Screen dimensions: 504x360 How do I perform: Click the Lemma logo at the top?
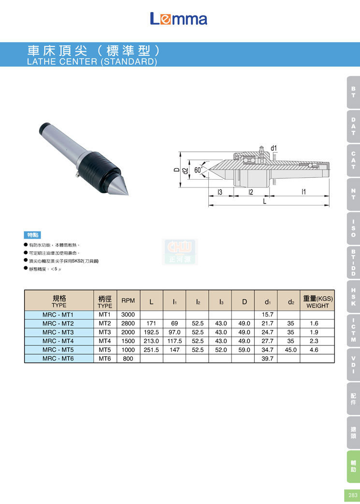[178, 19]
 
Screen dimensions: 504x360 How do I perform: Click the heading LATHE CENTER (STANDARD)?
[92, 62]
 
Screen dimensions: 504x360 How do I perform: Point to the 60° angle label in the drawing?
[199, 170]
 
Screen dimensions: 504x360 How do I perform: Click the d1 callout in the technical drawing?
[274, 148]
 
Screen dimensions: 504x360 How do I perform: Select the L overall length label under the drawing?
[265, 202]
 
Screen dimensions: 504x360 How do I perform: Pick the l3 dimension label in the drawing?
[220, 192]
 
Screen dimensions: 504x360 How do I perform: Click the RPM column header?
[128, 301]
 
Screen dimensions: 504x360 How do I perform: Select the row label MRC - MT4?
[58, 341]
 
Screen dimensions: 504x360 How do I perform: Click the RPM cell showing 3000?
[128, 315]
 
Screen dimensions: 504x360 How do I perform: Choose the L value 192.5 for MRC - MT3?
[151, 332]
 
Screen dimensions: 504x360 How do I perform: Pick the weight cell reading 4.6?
[314, 349]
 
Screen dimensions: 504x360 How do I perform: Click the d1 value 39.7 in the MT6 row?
[268, 359]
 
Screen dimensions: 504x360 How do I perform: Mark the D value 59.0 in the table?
[245, 349]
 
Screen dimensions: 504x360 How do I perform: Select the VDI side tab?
[353, 364]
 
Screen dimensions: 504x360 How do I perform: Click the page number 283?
[353, 495]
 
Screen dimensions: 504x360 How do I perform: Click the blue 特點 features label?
[32, 235]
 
